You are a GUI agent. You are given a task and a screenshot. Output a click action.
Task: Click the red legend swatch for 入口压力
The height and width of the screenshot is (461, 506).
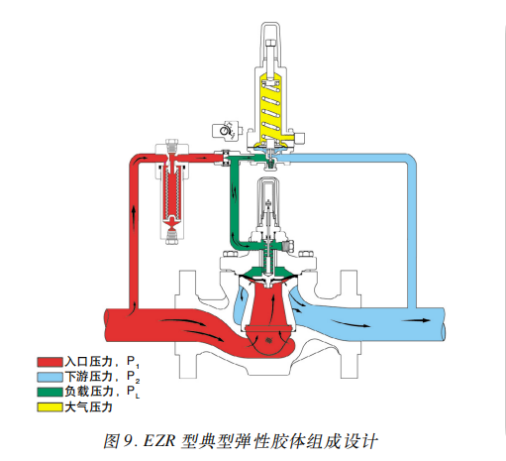click(x=50, y=363)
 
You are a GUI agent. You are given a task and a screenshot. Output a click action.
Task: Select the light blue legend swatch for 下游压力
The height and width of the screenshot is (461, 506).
click(x=50, y=378)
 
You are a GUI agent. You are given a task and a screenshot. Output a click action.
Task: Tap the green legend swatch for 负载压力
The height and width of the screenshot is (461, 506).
click(x=50, y=393)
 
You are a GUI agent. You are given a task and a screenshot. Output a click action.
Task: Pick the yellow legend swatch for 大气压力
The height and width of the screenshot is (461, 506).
click(x=50, y=406)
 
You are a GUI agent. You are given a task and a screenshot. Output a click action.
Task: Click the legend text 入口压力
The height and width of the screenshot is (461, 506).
click(x=89, y=363)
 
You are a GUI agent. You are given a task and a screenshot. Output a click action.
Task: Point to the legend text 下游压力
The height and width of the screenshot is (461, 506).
click(x=89, y=378)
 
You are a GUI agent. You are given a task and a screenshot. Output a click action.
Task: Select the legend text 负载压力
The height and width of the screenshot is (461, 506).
click(x=89, y=393)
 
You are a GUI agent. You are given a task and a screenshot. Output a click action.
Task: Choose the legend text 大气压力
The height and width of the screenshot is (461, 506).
click(x=89, y=406)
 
